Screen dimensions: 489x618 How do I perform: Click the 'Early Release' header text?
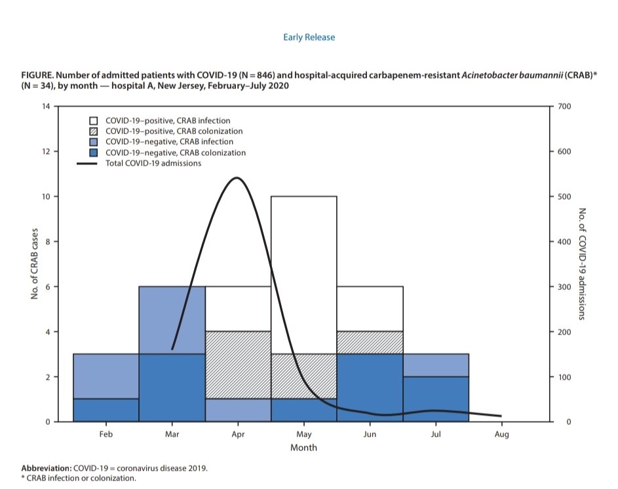309,37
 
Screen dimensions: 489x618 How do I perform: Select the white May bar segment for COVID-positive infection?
304,275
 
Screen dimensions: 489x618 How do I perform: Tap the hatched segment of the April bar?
238,365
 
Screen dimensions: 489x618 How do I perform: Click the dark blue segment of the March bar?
172,388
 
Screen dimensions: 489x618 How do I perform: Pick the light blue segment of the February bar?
106,376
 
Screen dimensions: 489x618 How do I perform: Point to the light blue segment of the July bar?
436,365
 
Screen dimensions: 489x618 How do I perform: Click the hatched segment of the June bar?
370,342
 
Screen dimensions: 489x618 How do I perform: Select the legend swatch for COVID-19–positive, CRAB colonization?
94,131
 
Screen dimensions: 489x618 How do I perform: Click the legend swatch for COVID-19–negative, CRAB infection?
94,141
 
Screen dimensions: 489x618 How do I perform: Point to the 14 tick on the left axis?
45,106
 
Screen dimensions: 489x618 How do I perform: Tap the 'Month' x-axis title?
303,448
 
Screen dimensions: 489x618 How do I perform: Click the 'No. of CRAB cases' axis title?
35,264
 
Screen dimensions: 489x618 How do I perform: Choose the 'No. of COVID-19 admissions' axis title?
581,264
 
